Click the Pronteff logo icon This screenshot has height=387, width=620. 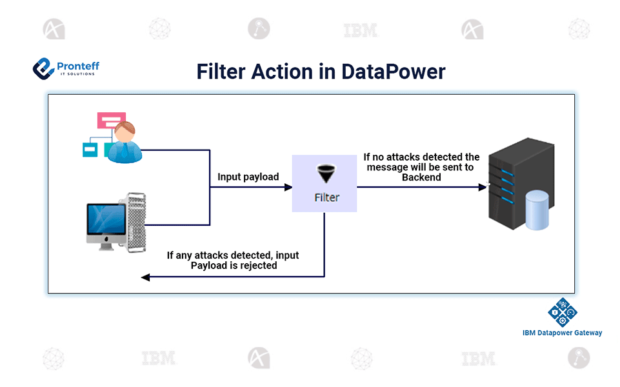point(43,68)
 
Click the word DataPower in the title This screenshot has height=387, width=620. point(393,71)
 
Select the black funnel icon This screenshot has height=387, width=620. point(325,175)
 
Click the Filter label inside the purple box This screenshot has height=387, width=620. point(326,197)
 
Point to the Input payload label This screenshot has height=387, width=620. point(248,177)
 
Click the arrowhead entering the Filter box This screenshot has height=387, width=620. point(288,187)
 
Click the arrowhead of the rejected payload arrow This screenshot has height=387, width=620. point(146,277)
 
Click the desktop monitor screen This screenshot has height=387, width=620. point(106,219)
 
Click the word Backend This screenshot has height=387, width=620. point(421,177)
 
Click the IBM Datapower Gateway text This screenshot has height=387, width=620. point(562,333)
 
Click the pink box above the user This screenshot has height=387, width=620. point(111,120)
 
